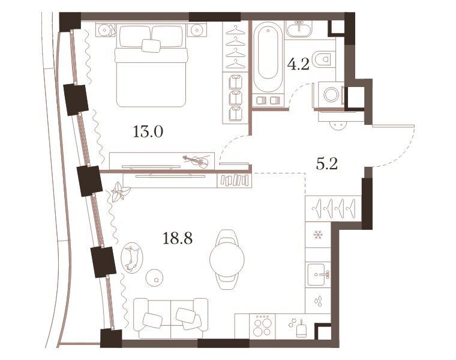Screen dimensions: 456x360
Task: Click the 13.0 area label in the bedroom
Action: click(148, 132)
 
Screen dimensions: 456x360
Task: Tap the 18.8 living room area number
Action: click(177, 239)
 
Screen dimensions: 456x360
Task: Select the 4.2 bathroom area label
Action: click(298, 64)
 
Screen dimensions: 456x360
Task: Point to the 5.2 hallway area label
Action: click(326, 164)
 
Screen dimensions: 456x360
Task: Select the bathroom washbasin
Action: click(299, 29)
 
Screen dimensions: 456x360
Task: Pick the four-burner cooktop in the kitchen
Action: click(263, 326)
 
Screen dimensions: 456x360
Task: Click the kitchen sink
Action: click(319, 274)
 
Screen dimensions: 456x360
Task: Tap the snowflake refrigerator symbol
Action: click(317, 235)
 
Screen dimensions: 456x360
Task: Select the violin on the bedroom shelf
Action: click(196, 161)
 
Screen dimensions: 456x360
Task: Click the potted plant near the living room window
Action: click(120, 191)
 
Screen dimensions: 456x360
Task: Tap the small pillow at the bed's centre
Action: click(151, 46)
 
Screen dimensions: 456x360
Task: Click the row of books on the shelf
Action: click(235, 180)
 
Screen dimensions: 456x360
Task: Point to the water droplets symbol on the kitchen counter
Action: click(318, 301)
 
